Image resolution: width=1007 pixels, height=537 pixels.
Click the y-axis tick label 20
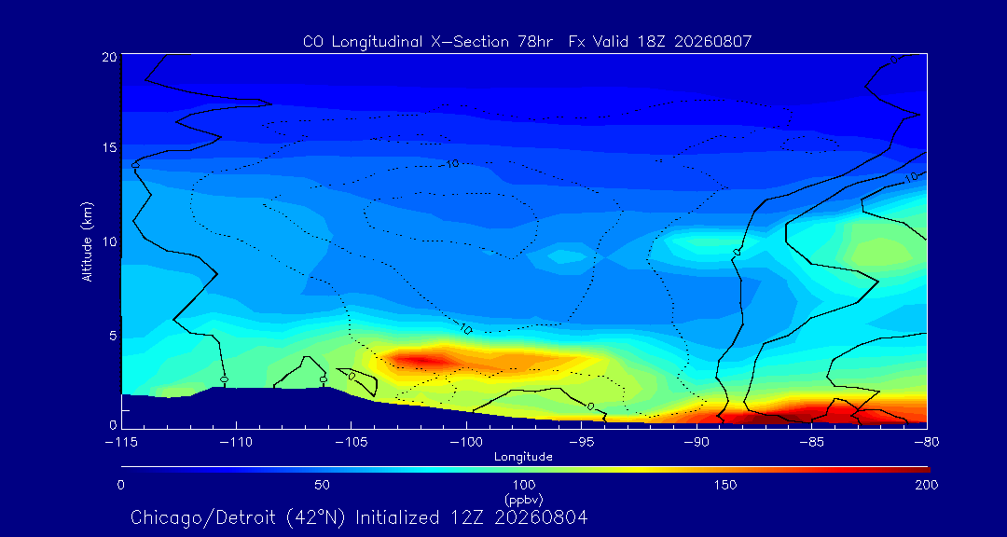[108, 56]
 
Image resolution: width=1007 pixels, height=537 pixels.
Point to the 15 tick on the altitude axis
[108, 147]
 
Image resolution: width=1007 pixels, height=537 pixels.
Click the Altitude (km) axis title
[87, 241]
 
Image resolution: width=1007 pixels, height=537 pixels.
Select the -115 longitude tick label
[121, 442]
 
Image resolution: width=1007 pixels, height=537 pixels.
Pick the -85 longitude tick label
[812, 442]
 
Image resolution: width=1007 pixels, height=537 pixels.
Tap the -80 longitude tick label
[927, 442]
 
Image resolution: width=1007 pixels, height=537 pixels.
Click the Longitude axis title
[523, 457]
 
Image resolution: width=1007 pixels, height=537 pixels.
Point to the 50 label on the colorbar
[322, 485]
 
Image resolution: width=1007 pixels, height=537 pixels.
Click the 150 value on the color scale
[725, 485]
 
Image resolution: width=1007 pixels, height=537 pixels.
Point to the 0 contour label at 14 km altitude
[135, 165]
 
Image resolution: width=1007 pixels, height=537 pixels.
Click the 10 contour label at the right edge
[911, 178]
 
